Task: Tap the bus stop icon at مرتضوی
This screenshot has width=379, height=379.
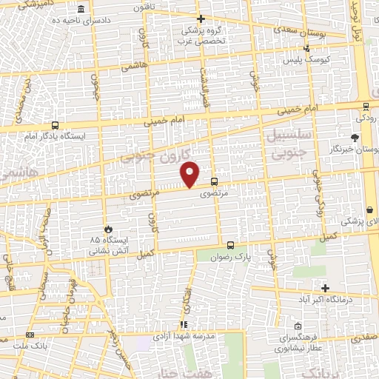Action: coord(214,181)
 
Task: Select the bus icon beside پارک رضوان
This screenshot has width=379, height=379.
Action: coord(230,245)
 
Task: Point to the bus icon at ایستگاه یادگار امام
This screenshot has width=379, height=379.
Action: coord(56,126)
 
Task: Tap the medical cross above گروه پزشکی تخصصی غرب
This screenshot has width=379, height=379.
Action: coord(200,19)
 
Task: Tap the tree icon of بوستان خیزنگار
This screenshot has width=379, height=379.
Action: coord(355,138)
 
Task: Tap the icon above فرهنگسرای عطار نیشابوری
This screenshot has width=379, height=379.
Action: coord(297,326)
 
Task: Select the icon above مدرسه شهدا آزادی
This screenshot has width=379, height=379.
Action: coord(183,324)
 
